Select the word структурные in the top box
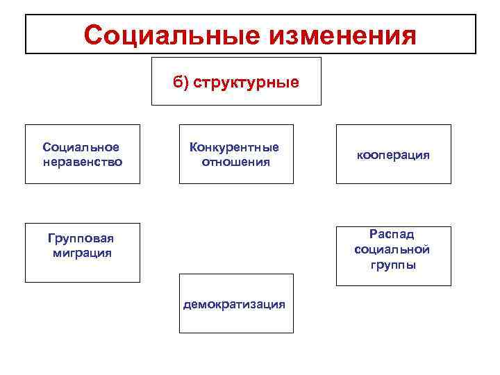coord(247,83)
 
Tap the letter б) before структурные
coord(181,83)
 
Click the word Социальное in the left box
coord(81,147)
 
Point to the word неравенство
coord(83,162)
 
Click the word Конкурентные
coord(235,147)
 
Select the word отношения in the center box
coord(236,162)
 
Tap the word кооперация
coord(394,155)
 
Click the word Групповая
coord(81,239)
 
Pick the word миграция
coord(82,253)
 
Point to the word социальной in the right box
coord(392,249)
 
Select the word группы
coord(393,265)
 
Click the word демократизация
coord(235,304)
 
